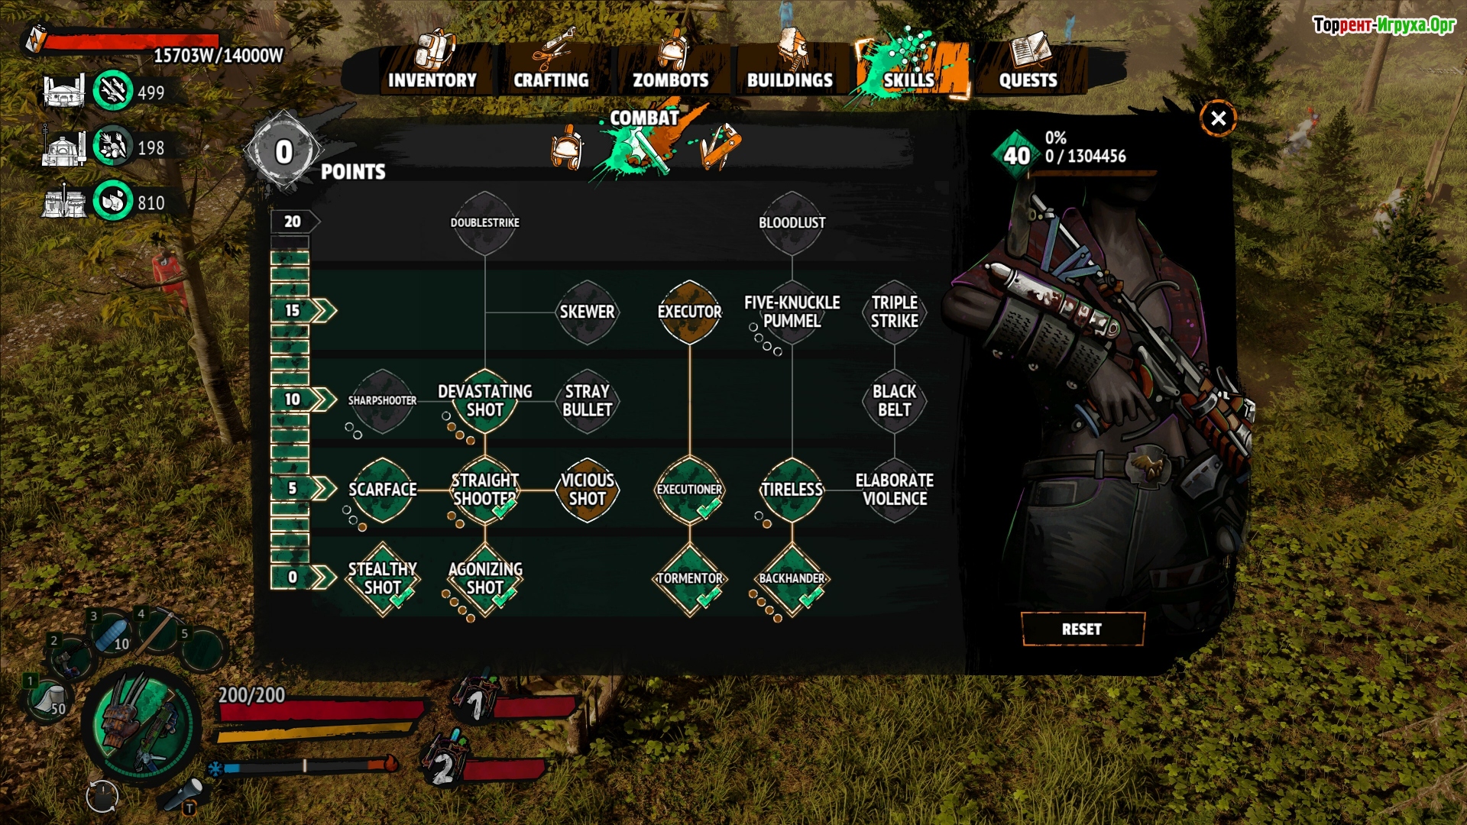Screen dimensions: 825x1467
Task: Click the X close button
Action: pos(1218,118)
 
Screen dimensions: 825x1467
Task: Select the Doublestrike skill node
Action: pos(485,223)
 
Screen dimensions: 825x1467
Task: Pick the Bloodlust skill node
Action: pos(792,223)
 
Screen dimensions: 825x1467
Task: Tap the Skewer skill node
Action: pos(587,312)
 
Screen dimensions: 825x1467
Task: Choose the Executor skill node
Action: pos(689,312)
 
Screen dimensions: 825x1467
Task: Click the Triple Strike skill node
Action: pos(895,312)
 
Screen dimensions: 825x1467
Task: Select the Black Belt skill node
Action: pos(895,401)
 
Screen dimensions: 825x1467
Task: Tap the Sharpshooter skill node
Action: pos(382,401)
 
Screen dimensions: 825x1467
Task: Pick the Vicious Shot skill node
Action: pos(587,490)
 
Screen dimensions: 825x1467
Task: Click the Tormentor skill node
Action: pos(689,579)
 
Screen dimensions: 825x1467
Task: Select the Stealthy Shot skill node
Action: pos(382,579)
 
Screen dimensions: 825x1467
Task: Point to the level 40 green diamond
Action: pos(1016,156)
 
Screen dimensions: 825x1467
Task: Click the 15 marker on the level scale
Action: pos(293,311)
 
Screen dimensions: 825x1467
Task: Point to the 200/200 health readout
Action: pos(251,695)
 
